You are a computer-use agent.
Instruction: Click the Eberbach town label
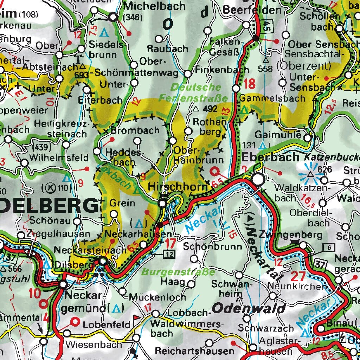tap(270, 157)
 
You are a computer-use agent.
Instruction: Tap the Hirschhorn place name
tap(178, 187)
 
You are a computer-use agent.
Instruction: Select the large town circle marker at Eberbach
tap(258, 180)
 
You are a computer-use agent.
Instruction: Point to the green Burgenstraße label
tap(178, 272)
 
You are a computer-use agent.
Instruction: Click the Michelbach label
tap(155, 6)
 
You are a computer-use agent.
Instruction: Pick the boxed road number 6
tap(329, 247)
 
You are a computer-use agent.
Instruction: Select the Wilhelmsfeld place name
tap(59, 157)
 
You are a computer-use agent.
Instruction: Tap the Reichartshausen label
tap(194, 351)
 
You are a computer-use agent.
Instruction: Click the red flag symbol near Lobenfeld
tap(137, 318)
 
